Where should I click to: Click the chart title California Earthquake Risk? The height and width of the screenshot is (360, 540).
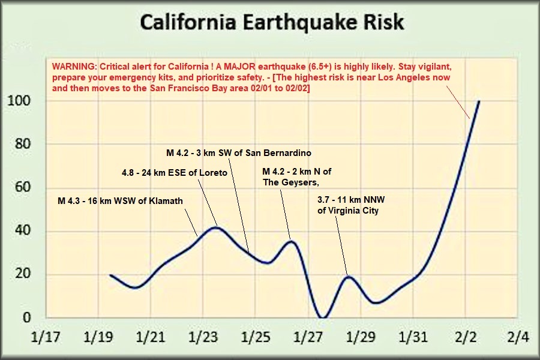click(x=271, y=22)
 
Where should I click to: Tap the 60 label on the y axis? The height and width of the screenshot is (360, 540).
click(x=20, y=188)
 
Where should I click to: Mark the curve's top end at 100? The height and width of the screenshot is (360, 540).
click(x=479, y=101)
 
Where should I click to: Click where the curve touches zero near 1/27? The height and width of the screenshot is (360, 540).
click(x=323, y=318)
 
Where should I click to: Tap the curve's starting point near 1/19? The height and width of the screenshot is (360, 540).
click(x=111, y=275)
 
